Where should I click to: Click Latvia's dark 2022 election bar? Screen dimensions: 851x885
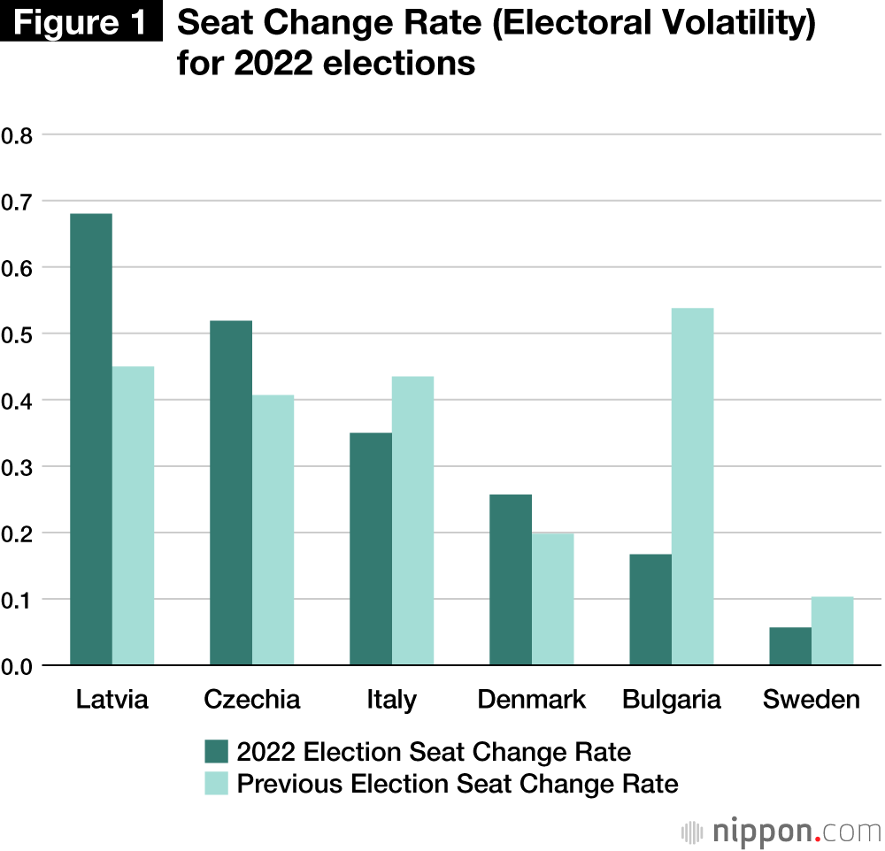pyautogui.click(x=91, y=440)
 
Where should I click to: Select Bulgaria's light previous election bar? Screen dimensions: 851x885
pyautogui.click(x=692, y=487)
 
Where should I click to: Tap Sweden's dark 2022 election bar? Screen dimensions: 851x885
pyautogui.click(x=790, y=647)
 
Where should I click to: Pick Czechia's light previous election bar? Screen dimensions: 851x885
pyautogui.click(x=273, y=530)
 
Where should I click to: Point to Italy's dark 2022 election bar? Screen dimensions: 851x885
pyautogui.click(x=371, y=548)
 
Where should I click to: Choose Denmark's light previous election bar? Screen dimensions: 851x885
pyautogui.click(x=552, y=599)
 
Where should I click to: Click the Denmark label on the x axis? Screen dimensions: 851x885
pyautogui.click(x=531, y=700)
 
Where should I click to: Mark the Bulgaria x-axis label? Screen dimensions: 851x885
pyautogui.click(x=672, y=700)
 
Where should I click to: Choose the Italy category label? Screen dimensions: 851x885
pyautogui.click(x=391, y=700)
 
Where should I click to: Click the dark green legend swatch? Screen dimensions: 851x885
pyautogui.click(x=217, y=752)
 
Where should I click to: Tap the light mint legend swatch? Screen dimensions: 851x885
pyautogui.click(x=217, y=784)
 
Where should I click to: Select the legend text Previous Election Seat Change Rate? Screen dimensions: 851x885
pyautogui.click(x=458, y=784)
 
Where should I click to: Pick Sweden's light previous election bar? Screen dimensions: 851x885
pyautogui.click(x=832, y=631)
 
